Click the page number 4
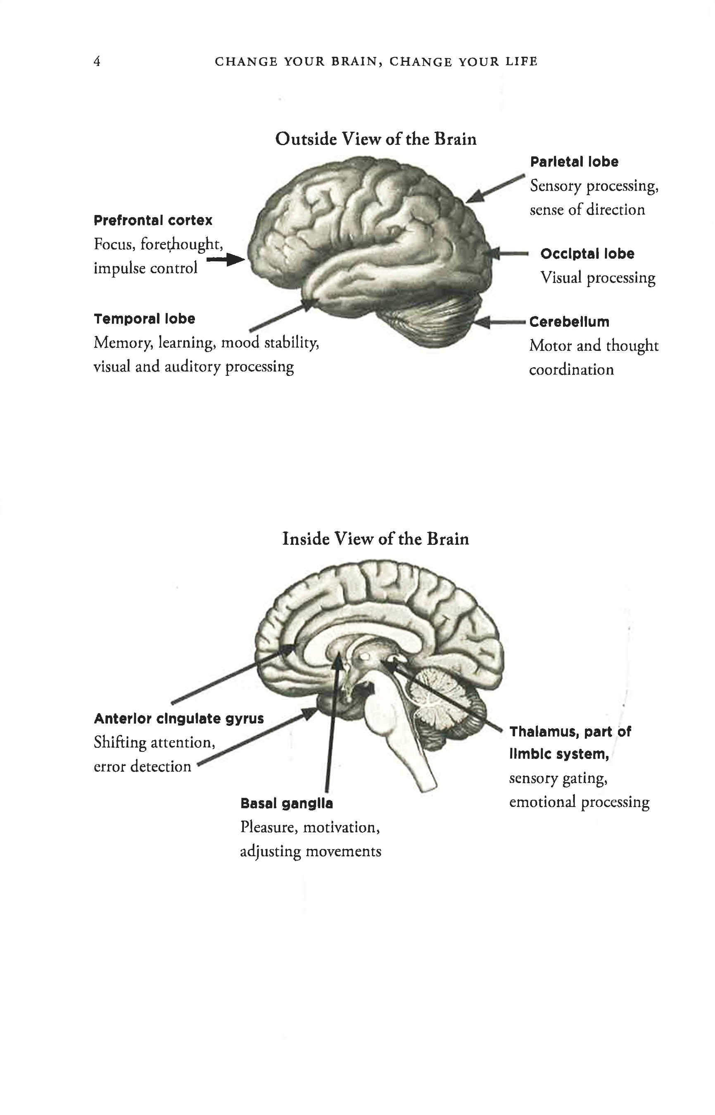pyautogui.click(x=97, y=61)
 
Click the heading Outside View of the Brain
pyautogui.click(x=375, y=139)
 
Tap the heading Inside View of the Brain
pyautogui.click(x=375, y=539)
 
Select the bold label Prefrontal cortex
pyautogui.click(x=153, y=220)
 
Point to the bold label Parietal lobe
pyautogui.click(x=574, y=162)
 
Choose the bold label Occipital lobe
pyautogui.click(x=587, y=254)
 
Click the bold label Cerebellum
pyautogui.click(x=569, y=322)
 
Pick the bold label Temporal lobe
pyautogui.click(x=145, y=319)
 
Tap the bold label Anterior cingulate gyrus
pyautogui.click(x=179, y=718)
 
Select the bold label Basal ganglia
pyautogui.click(x=287, y=803)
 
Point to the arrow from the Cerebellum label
pyautogui.click(x=501, y=322)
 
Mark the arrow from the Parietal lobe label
pyautogui.click(x=494, y=189)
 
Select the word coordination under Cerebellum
pyautogui.click(x=571, y=370)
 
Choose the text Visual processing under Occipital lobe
pyautogui.click(x=598, y=278)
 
